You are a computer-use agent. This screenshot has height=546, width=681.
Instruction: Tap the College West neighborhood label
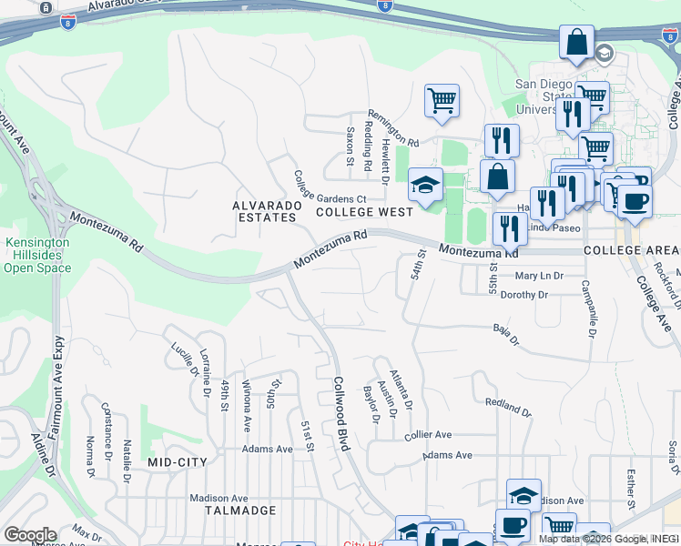coord(364,211)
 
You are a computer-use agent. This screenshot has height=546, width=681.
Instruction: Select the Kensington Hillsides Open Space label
coord(36,255)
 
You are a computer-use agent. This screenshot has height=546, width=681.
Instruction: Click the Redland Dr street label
coord(507,405)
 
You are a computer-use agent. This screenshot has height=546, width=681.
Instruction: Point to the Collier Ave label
coord(428,435)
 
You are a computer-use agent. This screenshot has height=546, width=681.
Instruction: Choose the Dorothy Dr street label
coord(523,295)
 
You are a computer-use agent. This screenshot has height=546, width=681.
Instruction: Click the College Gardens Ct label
coord(330,197)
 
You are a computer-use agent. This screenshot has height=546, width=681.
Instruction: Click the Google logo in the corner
coord(30,534)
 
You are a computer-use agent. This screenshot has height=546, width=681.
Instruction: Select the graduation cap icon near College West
coord(425,184)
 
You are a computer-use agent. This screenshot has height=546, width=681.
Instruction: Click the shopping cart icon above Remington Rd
coord(442,100)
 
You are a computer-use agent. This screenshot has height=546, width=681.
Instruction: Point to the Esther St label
coord(630,490)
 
